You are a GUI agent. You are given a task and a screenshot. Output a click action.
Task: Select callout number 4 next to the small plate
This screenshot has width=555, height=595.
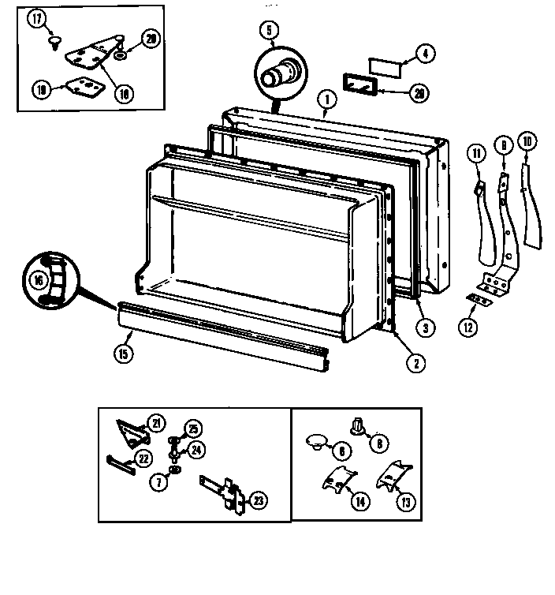(x=425, y=54)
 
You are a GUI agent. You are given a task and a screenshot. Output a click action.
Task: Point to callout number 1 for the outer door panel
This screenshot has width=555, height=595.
(x=323, y=99)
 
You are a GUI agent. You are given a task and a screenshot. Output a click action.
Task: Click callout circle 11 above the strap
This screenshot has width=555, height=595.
(x=475, y=152)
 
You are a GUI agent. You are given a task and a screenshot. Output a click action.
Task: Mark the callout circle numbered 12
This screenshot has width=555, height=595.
(x=468, y=327)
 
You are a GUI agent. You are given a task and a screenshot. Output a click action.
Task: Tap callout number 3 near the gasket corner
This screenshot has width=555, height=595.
(x=423, y=327)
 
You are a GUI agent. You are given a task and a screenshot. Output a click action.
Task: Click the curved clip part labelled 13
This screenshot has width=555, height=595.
(x=392, y=476)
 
